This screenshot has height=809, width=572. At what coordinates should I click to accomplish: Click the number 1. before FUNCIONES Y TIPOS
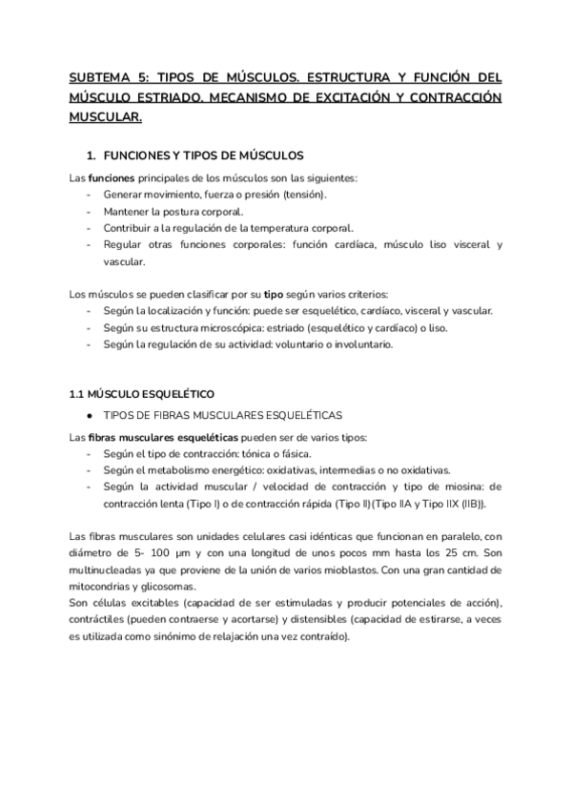pos(92,154)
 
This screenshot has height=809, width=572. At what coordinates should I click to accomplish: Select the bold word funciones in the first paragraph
pos(112,178)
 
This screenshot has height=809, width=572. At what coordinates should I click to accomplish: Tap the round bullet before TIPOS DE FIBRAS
pos(88,415)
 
